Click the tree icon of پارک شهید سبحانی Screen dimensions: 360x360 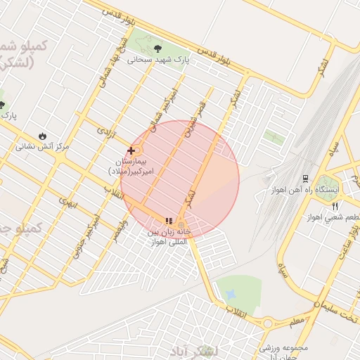click(x=156, y=48)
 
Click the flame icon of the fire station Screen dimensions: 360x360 click(x=43, y=136)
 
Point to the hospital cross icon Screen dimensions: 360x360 click(x=131, y=150)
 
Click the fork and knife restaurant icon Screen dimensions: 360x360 click(x=335, y=206)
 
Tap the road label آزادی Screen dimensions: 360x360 click(x=104, y=131)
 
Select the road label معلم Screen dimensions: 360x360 click(x=297, y=321)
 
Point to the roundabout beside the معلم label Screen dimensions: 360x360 click(x=268, y=323)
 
